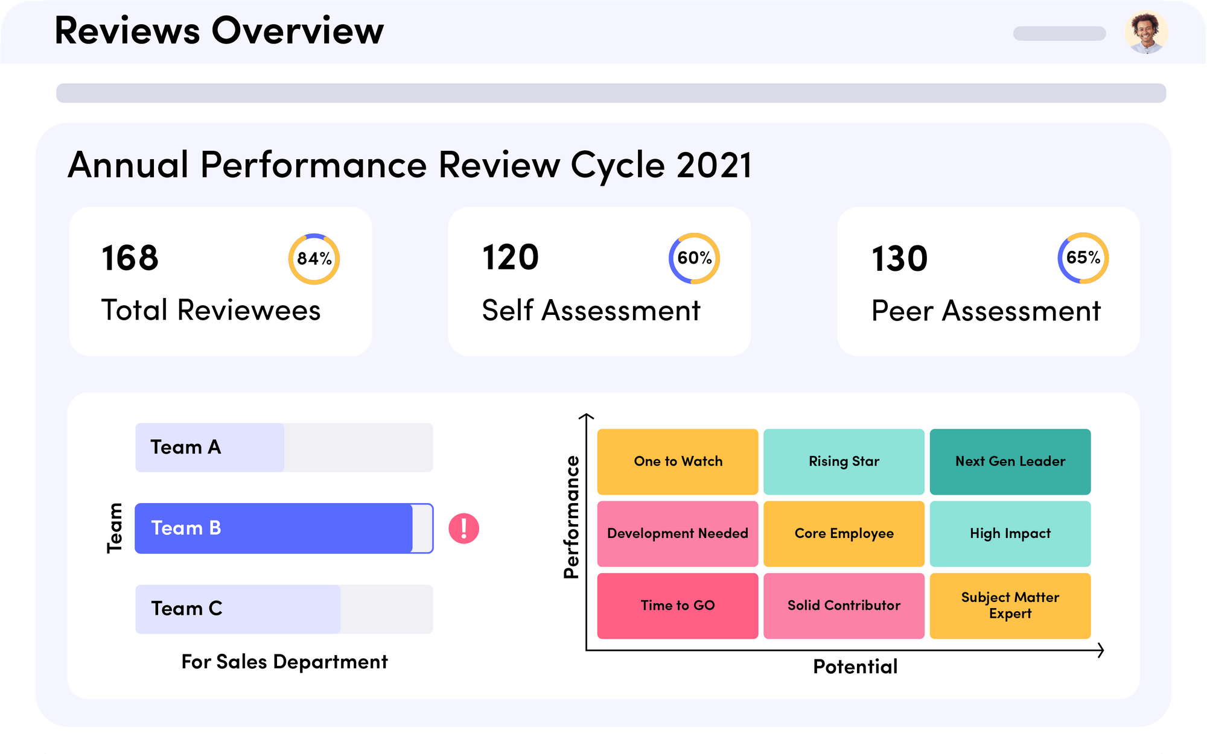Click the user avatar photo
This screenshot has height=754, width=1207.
1146,32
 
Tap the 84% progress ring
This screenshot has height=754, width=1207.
314,259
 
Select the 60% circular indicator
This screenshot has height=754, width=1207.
694,258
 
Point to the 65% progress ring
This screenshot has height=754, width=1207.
1083,258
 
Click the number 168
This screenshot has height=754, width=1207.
130,258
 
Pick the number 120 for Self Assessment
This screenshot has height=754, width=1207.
510,258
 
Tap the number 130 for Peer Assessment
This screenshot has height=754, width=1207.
899,259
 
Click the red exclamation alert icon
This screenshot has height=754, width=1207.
463,528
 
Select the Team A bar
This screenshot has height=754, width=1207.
284,448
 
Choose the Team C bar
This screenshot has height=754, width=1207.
284,609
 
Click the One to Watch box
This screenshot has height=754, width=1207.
677,461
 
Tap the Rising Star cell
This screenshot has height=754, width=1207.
844,461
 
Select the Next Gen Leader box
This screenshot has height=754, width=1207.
1010,461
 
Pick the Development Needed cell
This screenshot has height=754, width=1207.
677,533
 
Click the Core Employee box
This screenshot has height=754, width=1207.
844,533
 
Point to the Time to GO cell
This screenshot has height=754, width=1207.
677,606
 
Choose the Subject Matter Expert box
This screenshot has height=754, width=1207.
1010,606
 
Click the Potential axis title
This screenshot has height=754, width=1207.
855,667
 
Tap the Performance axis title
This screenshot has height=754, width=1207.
571,517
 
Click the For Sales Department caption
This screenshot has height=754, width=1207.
284,662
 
